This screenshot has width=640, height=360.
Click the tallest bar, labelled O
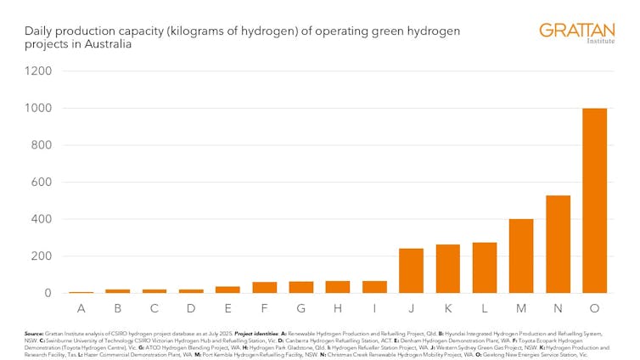point(594,200)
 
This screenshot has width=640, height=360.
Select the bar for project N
point(558,245)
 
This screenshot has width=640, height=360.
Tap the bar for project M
point(521,256)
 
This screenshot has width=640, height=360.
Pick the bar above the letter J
point(411,271)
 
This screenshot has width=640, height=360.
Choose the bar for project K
point(448,269)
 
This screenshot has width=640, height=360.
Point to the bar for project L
point(485,268)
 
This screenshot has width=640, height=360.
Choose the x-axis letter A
point(81,308)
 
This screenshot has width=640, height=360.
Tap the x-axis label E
point(227,308)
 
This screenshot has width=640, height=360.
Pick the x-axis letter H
point(338,308)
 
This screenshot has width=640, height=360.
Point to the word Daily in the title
point(39,31)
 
